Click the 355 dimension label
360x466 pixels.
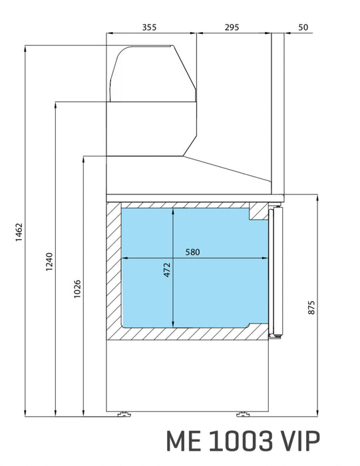(149, 27)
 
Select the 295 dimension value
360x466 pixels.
(232, 27)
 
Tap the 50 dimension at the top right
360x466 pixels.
(303, 27)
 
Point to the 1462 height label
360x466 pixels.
(19, 232)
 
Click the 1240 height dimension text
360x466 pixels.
(49, 262)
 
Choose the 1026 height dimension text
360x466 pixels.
(77, 288)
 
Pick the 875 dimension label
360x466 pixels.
(311, 308)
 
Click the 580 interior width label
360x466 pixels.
(192, 252)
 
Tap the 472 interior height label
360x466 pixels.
(167, 270)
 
